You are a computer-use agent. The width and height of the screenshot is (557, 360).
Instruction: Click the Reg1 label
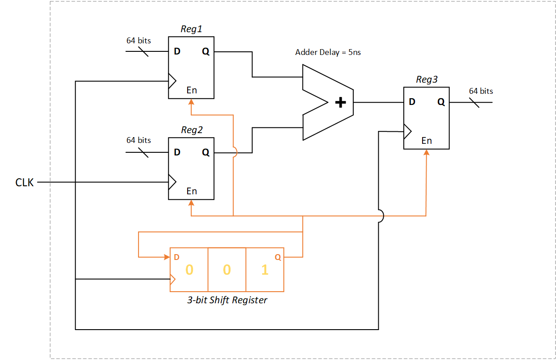pos(191,29)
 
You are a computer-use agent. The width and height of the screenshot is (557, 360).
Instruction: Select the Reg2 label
pos(192,130)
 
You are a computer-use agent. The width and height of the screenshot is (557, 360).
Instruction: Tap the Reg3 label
pos(427,80)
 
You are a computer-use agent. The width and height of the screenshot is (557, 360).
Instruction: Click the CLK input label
pos(25,182)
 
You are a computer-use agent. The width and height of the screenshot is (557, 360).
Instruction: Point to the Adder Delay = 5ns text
pos(328,52)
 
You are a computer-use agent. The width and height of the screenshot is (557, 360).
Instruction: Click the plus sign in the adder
pos(340,103)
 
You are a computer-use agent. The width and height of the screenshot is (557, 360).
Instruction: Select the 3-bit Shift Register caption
pos(227,300)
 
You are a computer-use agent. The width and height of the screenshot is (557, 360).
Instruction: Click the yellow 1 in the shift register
pos(265,270)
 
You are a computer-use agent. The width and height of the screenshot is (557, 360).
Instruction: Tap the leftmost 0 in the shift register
pos(189,270)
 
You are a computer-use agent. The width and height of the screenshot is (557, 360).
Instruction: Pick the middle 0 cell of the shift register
pos(227,270)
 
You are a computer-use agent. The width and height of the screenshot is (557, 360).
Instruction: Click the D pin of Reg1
pos(177,51)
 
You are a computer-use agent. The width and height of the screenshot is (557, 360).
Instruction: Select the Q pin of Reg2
pos(205,152)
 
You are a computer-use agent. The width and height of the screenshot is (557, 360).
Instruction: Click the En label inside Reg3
pos(427,141)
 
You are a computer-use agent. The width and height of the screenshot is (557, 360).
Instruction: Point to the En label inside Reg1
pos(192,90)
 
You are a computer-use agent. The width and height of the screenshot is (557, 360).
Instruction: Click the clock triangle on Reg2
pos(172,182)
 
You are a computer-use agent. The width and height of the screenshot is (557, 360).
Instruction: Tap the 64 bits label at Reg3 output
pos(481,91)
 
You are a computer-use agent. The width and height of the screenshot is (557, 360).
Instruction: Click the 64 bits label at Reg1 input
pos(138,41)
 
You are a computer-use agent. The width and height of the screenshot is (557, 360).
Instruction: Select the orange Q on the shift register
pos(277,257)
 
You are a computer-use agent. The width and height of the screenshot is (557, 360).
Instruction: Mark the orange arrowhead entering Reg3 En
pos(427,152)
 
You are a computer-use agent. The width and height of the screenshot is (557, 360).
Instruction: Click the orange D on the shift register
pos(176,257)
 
